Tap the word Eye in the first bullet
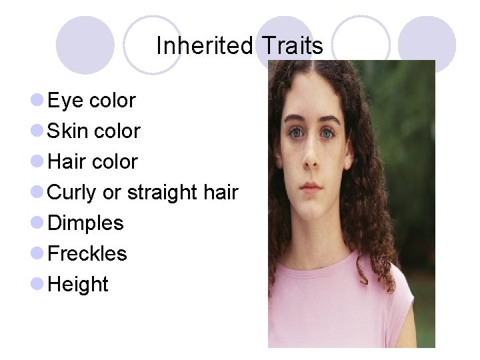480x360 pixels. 65,101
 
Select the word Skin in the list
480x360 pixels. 67,131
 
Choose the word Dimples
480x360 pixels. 85,223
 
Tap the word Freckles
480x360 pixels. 87,254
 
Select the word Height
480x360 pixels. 78,285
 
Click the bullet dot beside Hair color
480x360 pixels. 37,162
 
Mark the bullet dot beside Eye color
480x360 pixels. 37,101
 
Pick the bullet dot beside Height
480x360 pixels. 37,285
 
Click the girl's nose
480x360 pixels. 310,159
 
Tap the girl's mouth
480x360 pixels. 311,187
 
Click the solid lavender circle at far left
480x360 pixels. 85,45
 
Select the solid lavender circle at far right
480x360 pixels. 427,45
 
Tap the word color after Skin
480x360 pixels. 117,131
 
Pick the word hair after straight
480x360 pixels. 221,193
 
